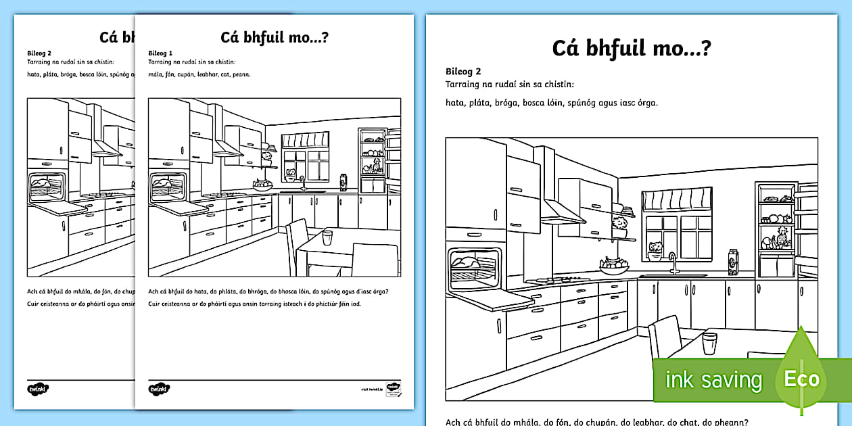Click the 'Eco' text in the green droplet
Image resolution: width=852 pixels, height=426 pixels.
coord(801,379)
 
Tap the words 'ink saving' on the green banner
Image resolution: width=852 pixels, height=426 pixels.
coord(713,380)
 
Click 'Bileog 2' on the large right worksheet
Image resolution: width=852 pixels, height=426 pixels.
coord(463,71)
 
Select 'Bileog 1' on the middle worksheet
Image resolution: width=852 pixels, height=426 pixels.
coord(161,53)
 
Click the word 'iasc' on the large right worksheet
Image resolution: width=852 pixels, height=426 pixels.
coord(613,103)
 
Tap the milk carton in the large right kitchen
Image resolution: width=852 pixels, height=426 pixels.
coord(732,261)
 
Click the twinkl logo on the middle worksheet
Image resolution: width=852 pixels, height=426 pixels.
coord(159,389)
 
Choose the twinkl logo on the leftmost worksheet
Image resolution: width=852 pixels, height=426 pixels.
coord(38,389)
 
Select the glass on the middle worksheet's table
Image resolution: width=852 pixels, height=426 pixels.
coord(327,237)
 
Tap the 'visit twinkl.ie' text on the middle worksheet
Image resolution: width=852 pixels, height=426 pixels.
coord(371,390)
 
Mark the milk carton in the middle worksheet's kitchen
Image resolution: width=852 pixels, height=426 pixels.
coord(343,183)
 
